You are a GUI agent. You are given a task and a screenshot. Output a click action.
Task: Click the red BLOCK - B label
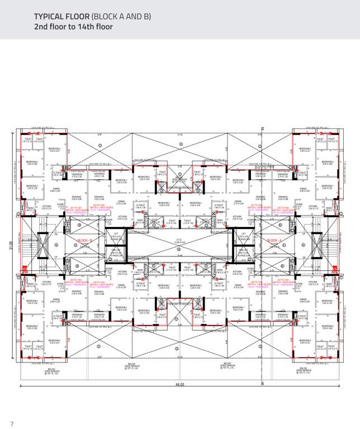pyautogui.click(x=85, y=240)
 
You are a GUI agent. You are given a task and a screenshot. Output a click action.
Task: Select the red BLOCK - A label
pyautogui.click(x=274, y=240)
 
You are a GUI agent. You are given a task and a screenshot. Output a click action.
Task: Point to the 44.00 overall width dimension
pyautogui.click(x=179, y=384)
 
